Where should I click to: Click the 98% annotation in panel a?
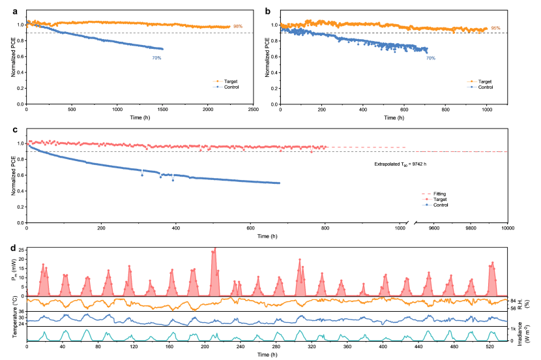237,27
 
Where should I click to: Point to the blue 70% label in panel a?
157,58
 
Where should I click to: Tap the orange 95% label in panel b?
495,29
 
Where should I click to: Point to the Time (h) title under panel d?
266,356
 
